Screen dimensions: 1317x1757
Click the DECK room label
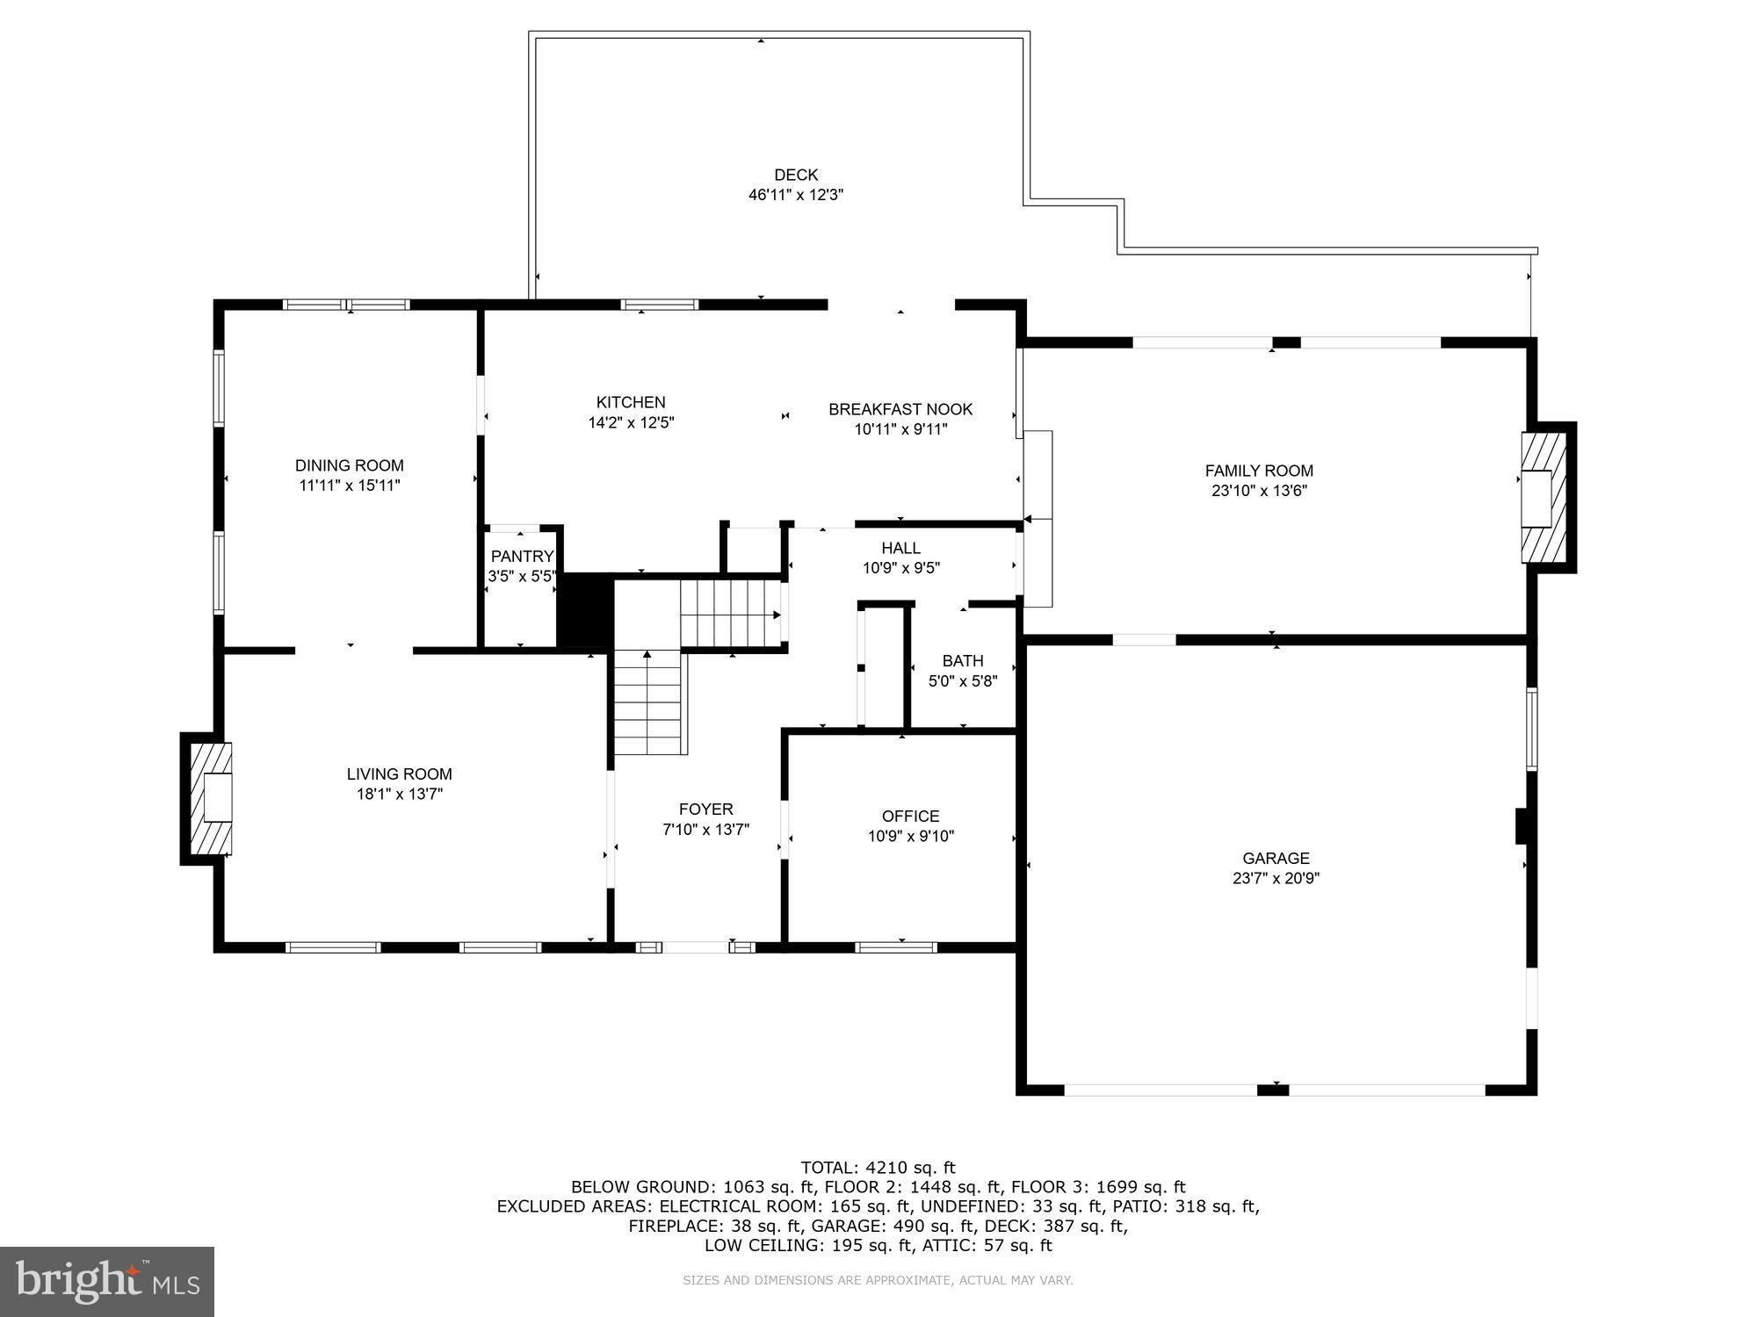pos(796,176)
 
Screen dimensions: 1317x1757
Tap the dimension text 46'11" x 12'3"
pos(796,195)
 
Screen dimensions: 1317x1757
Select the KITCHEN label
pos(631,403)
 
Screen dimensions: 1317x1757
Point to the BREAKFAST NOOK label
pos(900,409)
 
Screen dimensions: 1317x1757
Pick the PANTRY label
pos(522,557)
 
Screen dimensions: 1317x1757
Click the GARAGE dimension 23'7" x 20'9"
pos(1276,878)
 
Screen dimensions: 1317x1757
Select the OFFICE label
pos(911,817)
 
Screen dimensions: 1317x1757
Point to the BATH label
pos(963,661)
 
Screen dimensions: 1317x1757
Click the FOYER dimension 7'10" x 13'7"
pos(705,829)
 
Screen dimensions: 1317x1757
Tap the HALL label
pos(901,549)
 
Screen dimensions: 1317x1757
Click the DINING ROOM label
pos(349,466)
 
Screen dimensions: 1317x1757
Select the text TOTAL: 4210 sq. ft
pos(878,1168)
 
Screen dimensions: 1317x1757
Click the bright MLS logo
pos(107,1282)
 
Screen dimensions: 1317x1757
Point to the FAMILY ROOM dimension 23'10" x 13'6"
pos(1259,492)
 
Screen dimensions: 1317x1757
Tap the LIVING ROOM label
pos(399,774)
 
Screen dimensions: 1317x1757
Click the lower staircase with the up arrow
pos(648,702)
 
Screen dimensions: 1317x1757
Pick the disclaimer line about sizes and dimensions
pos(878,1281)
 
